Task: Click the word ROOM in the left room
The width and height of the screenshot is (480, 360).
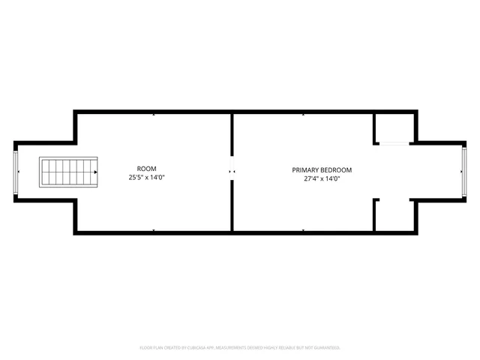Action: coord(147,169)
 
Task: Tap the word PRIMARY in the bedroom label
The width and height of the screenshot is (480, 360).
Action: coord(306,170)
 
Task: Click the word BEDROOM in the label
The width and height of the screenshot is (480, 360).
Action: coord(336,170)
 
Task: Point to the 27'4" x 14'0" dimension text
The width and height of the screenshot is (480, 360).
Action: coord(322,179)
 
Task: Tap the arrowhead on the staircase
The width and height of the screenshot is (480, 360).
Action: coord(96,172)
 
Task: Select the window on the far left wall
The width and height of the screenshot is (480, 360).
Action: coord(16,172)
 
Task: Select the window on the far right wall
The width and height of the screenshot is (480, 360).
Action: coord(464,172)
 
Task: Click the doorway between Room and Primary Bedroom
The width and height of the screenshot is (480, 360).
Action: coord(232,172)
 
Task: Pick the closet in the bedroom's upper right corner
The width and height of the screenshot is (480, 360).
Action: coord(393,127)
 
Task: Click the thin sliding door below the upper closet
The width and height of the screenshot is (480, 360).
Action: coord(393,143)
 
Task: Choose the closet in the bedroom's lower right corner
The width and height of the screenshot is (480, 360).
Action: coord(393,215)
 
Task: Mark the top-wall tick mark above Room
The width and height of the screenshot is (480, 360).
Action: coord(154,114)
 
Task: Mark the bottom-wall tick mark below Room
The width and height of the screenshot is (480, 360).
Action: coord(154,229)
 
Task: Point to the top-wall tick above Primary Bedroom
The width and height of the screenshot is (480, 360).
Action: coord(303,114)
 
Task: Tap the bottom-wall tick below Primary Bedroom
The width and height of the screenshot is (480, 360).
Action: coord(303,229)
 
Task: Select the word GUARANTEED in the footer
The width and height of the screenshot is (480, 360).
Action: coord(325,348)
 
